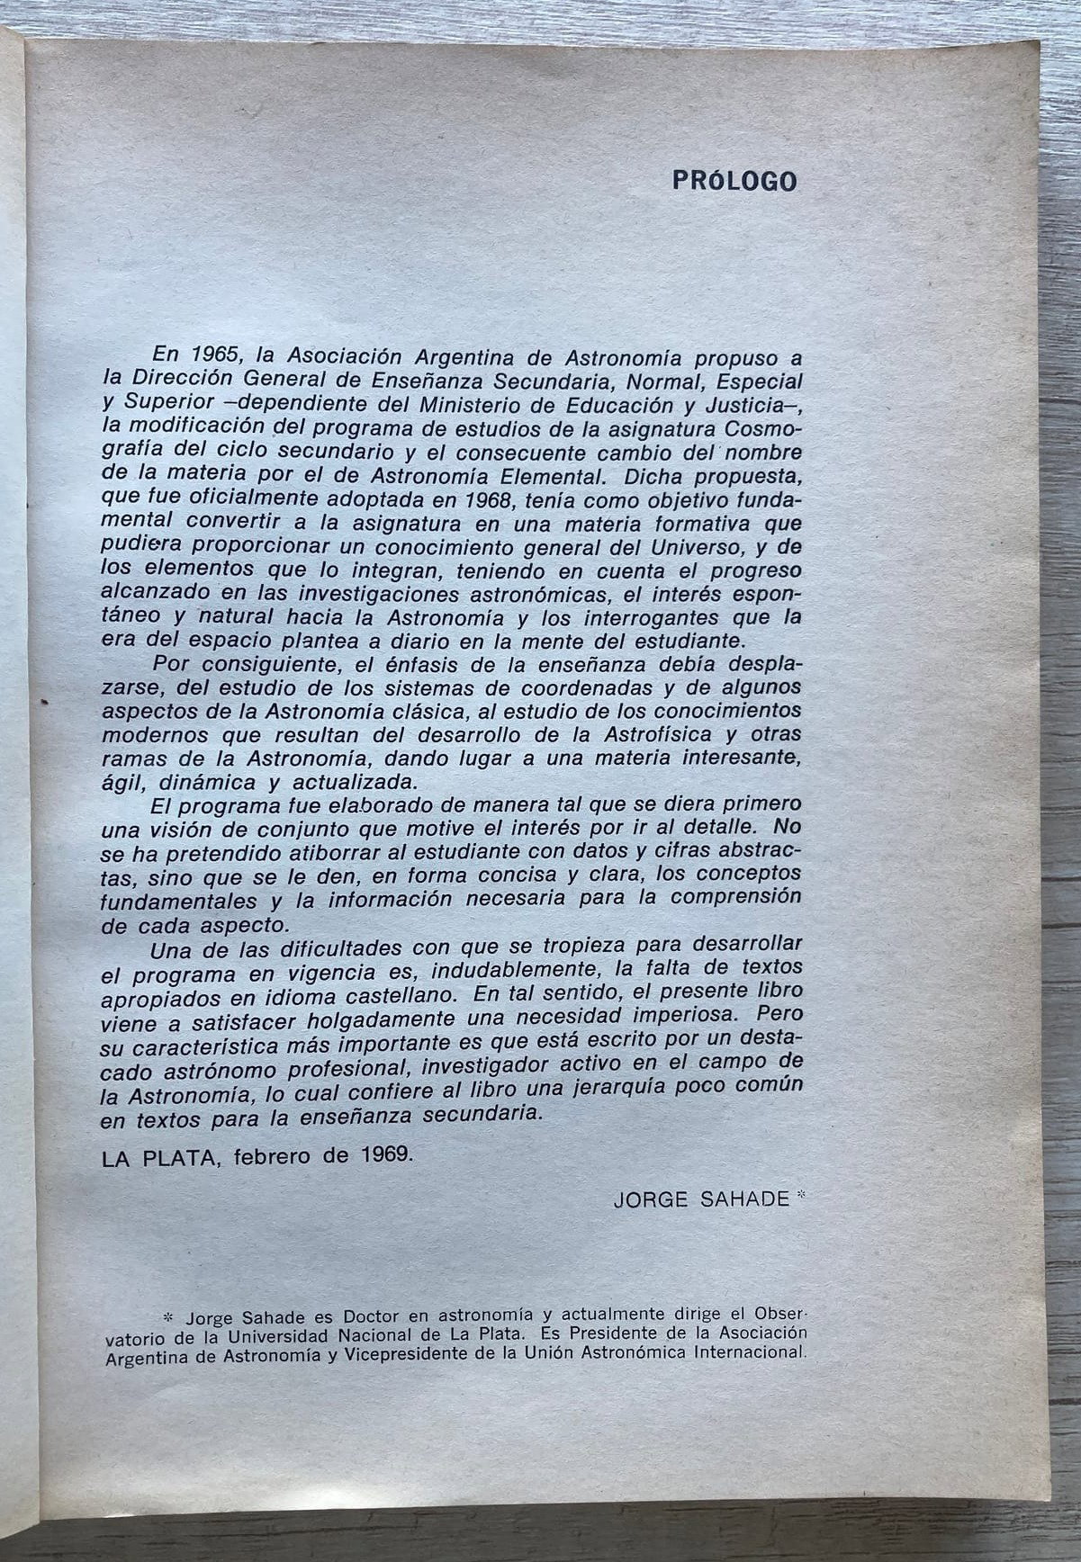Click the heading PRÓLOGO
(734, 181)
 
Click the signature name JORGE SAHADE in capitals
(701, 1199)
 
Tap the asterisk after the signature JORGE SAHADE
(803, 1197)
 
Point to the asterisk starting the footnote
(164, 1314)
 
